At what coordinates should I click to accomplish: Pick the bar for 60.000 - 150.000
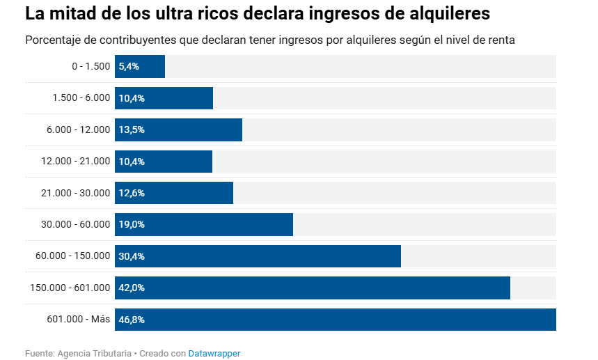click(292, 256)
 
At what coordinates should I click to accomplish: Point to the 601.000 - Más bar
click(348, 320)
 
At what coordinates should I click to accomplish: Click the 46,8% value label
click(132, 320)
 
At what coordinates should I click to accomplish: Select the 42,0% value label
click(132, 288)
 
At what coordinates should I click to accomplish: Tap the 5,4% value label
click(129, 67)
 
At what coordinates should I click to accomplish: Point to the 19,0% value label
click(132, 224)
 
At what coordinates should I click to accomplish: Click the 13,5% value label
click(132, 130)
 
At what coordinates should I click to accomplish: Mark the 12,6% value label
click(132, 193)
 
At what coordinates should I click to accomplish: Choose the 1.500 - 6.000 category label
click(81, 98)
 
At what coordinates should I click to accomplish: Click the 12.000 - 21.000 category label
click(75, 161)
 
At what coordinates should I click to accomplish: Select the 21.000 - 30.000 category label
click(75, 193)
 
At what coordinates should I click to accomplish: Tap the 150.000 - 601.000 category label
click(70, 288)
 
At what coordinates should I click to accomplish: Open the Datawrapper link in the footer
click(214, 354)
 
